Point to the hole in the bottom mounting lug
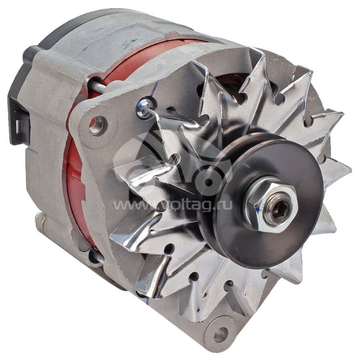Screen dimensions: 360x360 220,334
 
